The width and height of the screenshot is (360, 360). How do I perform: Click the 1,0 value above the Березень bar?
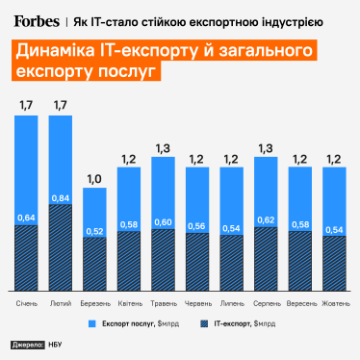[95, 179]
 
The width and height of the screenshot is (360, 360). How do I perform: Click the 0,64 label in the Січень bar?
[27, 218]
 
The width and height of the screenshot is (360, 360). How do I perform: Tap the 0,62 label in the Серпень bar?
[265, 220]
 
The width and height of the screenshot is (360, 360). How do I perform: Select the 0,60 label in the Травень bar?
[163, 222]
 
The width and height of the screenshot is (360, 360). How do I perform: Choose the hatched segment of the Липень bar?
[231, 265]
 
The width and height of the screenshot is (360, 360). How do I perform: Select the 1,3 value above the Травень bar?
[163, 148]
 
